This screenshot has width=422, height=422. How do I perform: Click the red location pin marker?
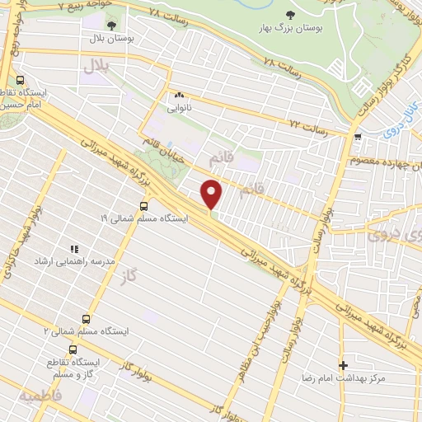click(213, 195)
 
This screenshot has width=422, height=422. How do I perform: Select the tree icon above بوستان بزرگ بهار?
click(289, 15)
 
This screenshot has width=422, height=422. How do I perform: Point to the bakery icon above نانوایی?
click(179, 94)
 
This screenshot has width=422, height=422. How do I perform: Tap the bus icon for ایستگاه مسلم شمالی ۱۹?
click(145, 207)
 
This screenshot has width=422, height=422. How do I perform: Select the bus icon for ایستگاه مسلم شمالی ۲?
click(87, 320)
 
